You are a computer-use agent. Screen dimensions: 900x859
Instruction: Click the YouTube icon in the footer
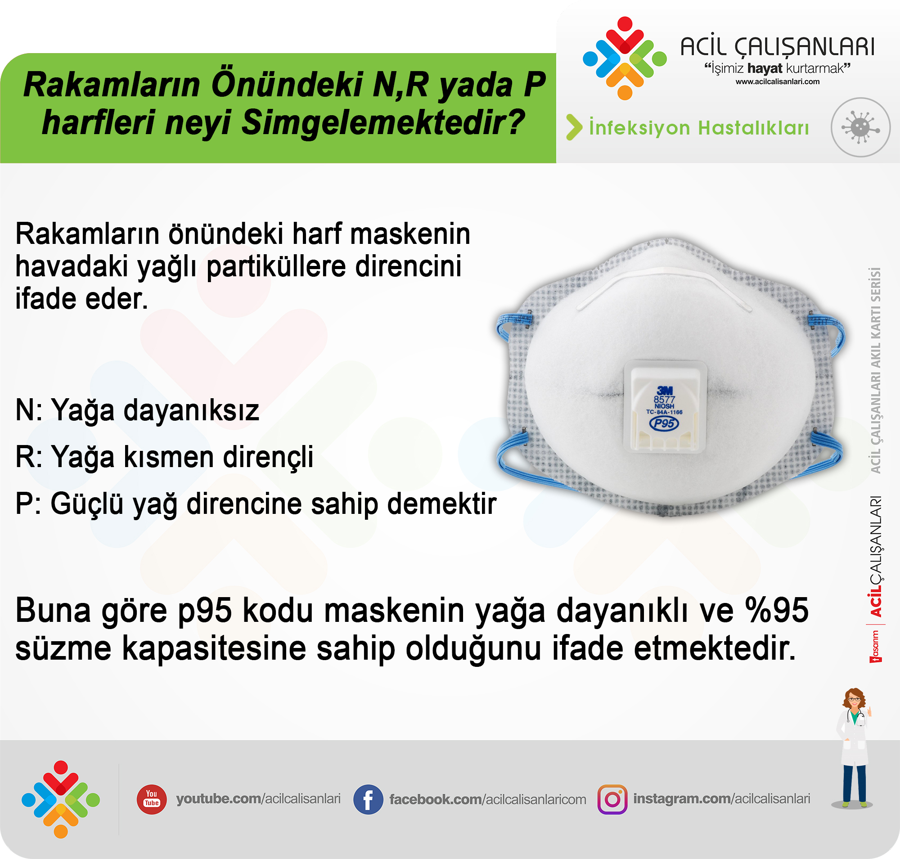(152, 799)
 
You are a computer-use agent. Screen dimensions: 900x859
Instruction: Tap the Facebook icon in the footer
(368, 800)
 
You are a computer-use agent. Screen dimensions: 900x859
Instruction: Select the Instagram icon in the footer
(612, 800)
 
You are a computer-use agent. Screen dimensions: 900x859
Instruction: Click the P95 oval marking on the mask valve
(664, 423)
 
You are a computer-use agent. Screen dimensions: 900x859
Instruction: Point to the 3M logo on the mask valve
(665, 390)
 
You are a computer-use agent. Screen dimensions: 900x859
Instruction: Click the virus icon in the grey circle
(860, 127)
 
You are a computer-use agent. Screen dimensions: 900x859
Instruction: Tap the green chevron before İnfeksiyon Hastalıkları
(574, 127)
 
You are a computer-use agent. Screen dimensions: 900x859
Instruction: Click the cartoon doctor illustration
(853, 748)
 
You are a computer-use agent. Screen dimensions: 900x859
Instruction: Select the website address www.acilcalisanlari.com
(778, 81)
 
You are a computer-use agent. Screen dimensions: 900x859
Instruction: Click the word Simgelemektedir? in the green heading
(383, 122)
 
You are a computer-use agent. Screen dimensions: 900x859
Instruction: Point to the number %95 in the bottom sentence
(777, 610)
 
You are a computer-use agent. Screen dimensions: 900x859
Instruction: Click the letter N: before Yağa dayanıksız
(29, 410)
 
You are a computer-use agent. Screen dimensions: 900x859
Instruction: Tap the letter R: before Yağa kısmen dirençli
(29, 457)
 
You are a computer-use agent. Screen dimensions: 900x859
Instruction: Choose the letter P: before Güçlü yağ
(28, 504)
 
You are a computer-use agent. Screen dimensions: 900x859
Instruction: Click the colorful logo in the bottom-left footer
(60, 799)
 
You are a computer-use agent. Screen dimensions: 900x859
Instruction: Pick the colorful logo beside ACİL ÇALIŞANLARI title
(624, 58)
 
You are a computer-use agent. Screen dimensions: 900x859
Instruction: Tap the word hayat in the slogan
(765, 69)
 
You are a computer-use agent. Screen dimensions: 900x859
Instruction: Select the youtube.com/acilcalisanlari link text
(258, 799)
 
